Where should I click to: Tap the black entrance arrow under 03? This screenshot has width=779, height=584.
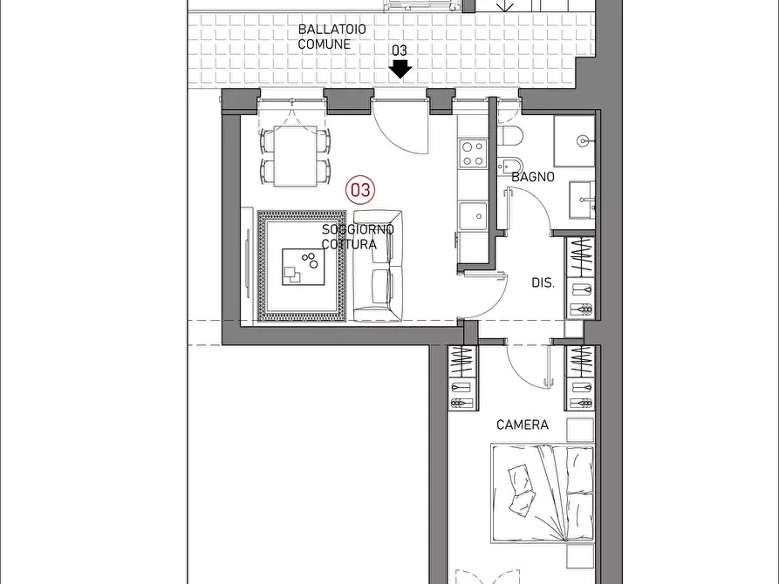pyautogui.click(x=400, y=69)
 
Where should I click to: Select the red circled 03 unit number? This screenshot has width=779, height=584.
pyautogui.click(x=360, y=190)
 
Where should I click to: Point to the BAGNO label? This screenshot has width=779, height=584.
pyautogui.click(x=533, y=177)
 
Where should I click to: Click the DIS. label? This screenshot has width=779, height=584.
pyautogui.click(x=543, y=282)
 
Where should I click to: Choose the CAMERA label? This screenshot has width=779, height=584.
pyautogui.click(x=523, y=424)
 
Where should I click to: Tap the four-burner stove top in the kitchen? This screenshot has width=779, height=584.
pyautogui.click(x=473, y=153)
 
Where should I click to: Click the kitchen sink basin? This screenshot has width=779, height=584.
pyautogui.click(x=473, y=216)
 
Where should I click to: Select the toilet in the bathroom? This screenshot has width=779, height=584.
pyautogui.click(x=509, y=136)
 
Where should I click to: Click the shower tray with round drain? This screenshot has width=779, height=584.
pyautogui.click(x=574, y=141)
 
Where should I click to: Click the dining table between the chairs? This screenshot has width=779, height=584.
pyautogui.click(x=295, y=156)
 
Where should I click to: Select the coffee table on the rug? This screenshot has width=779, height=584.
pyautogui.click(x=303, y=267)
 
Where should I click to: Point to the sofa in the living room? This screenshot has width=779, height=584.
pyautogui.click(x=378, y=265)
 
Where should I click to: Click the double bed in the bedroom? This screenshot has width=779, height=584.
pyautogui.click(x=542, y=493)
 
